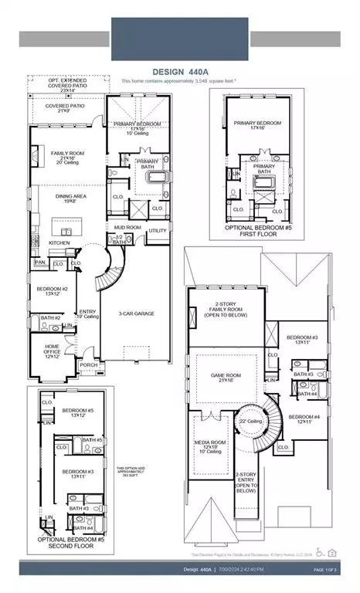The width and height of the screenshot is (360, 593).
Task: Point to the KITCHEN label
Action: (x=59, y=242)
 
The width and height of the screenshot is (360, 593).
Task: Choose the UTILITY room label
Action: (x=158, y=230)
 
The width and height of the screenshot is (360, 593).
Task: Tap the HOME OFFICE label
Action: (x=52, y=348)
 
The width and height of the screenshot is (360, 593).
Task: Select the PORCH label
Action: (x=89, y=366)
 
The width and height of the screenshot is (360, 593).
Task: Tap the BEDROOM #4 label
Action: (x=306, y=418)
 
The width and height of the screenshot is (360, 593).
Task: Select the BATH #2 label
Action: (x=51, y=318)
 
